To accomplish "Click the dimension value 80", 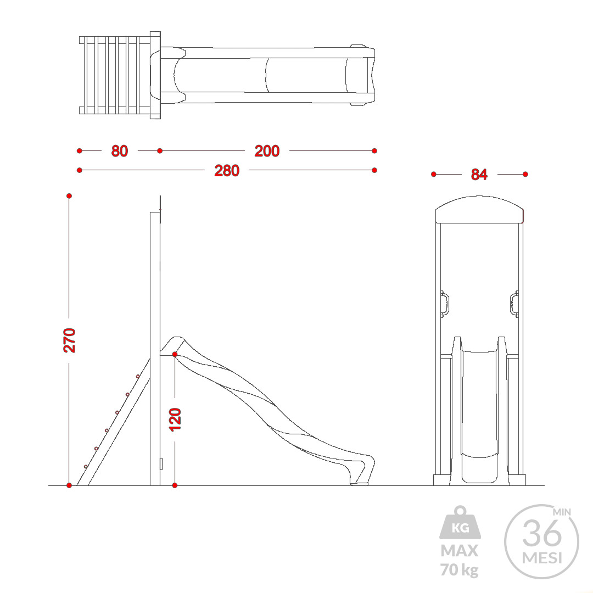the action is [120, 151].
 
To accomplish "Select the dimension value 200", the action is [267, 151].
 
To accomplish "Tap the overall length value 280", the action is [227, 171].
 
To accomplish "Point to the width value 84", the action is [479, 175].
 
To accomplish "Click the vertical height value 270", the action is [70, 340].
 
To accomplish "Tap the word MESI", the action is [542, 558].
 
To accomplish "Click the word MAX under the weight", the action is [460, 551].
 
